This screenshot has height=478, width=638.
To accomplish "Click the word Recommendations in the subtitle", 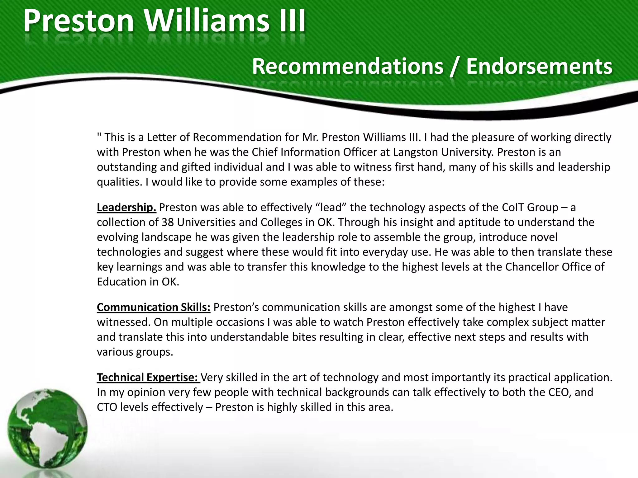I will [x=347, y=66].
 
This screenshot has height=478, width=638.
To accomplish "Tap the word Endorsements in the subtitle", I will [x=539, y=66].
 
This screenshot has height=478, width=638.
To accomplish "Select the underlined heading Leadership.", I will [x=126, y=207].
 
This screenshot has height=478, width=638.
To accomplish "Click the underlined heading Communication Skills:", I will [x=154, y=307].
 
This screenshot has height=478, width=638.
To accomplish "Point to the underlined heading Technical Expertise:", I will [x=148, y=377].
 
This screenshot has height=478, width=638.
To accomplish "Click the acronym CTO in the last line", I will [x=107, y=407].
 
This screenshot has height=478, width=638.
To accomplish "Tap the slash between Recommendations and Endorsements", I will [x=455, y=67].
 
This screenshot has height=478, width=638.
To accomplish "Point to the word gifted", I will [x=196, y=167].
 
